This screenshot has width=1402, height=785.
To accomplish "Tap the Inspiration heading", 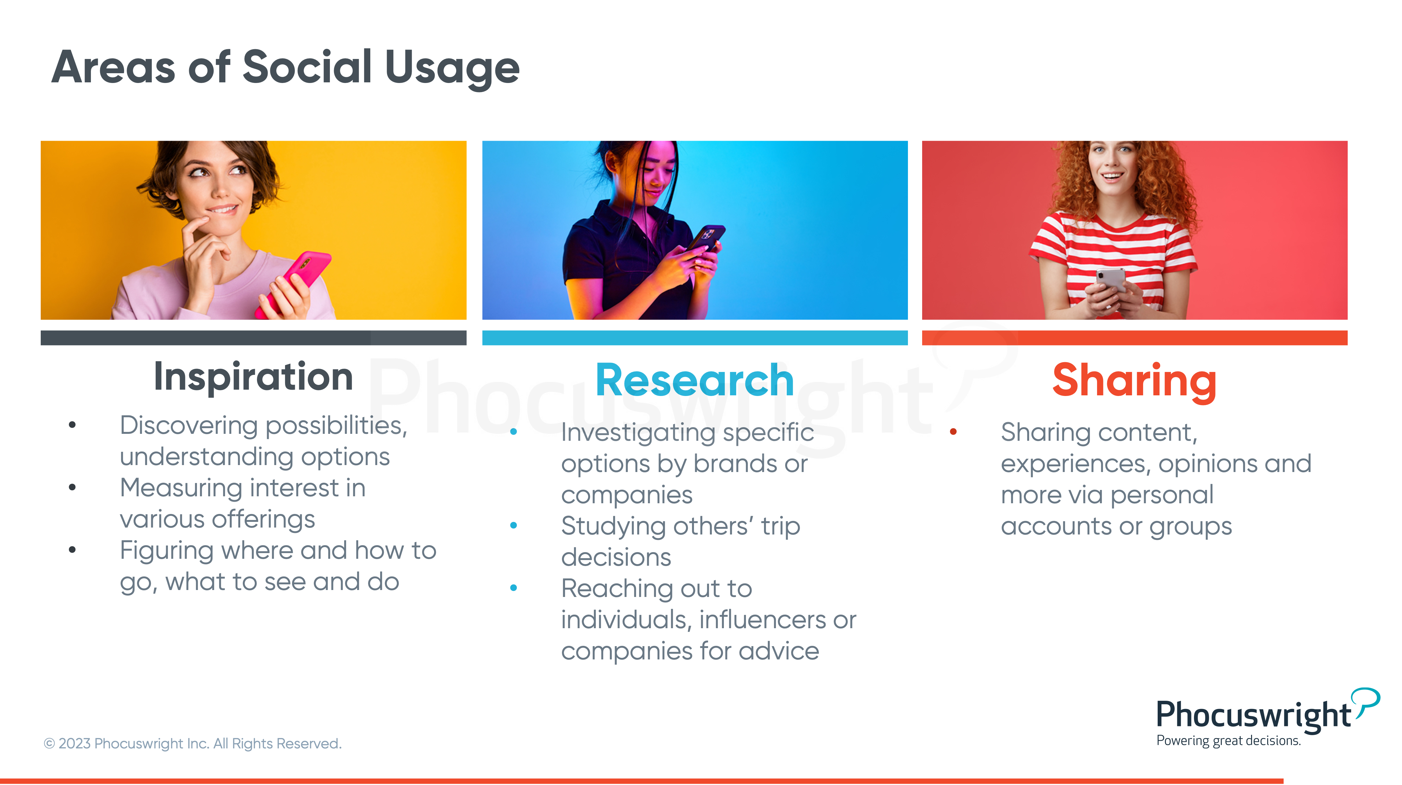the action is click(x=254, y=376).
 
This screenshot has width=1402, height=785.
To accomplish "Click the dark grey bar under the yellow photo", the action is click(x=254, y=338).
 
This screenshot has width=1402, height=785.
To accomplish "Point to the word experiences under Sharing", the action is click(x=1076, y=464).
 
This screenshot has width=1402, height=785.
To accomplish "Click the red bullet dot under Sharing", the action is click(x=953, y=432).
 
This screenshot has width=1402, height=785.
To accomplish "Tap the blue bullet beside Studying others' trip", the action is click(x=513, y=526).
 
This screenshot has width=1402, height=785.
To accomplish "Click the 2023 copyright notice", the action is click(x=193, y=744).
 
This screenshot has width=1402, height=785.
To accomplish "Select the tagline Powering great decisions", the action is click(x=1228, y=741).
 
